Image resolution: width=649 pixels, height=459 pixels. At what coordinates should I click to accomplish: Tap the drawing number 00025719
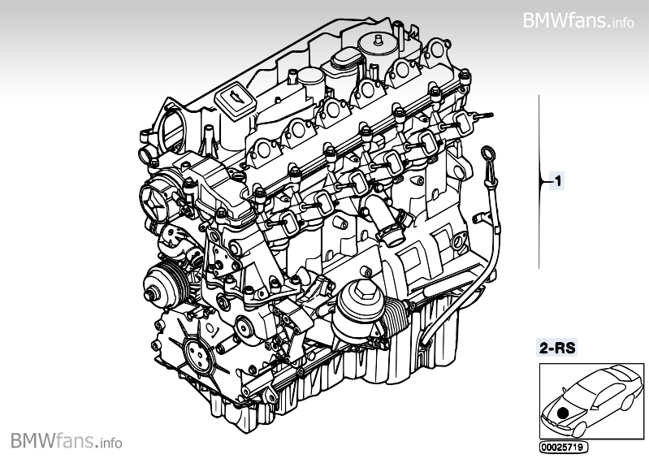[x=562, y=447]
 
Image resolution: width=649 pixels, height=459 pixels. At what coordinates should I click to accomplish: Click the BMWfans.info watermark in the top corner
[x=578, y=19]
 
